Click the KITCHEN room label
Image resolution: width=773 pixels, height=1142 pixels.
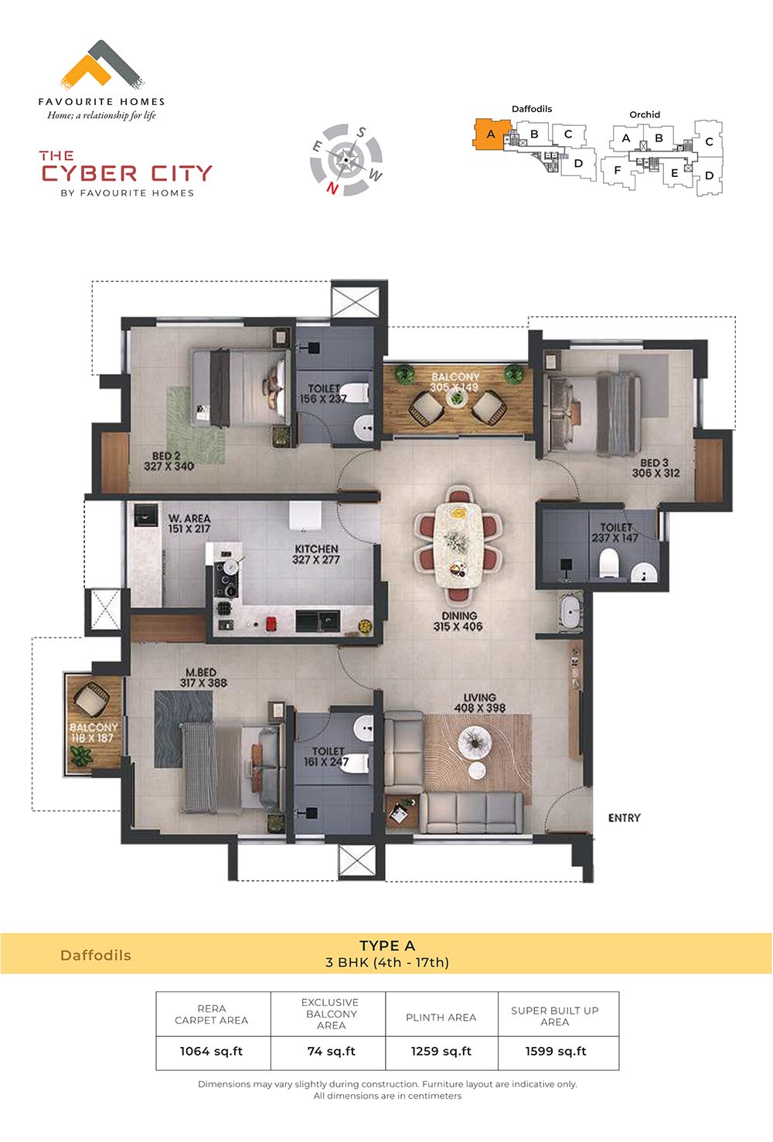pos(316,549)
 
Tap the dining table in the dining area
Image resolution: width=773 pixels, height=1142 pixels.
pos(458,546)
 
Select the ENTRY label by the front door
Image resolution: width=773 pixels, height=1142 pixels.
pos(624,818)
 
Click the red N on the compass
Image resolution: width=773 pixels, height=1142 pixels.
pos(332,189)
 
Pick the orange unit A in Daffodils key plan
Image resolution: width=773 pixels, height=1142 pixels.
pos(492,134)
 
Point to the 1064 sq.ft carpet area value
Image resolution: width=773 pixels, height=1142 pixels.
pos(211,1052)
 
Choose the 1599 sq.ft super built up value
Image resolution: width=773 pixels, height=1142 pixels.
pos(556,1052)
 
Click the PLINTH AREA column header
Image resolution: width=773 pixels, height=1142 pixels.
pos(441,1018)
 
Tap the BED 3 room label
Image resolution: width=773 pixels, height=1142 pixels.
pos(654,463)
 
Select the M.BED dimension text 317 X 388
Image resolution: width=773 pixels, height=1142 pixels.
pos(203,683)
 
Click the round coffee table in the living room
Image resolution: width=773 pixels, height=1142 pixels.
pos(475,742)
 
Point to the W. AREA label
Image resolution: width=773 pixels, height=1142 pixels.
pos(189,518)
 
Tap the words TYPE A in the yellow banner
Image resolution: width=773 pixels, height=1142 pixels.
pos(387,947)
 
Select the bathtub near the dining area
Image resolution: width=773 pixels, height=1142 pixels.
pos(570,611)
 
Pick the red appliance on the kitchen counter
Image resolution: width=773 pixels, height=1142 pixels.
pos(271,623)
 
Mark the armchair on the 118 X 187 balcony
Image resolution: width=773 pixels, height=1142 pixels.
pos(91,700)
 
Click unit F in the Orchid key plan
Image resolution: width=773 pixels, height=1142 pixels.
pos(617,170)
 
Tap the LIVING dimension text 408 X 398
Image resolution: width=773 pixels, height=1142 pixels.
pos(480,708)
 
